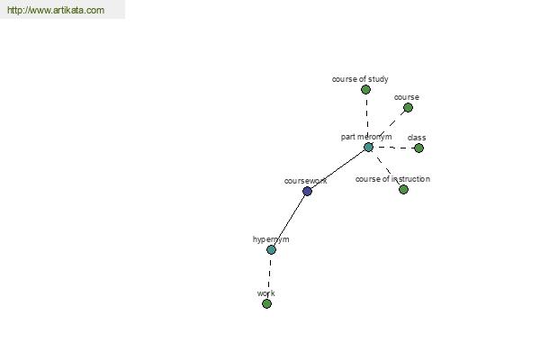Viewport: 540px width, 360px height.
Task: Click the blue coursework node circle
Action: [307, 191]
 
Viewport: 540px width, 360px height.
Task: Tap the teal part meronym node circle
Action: [368, 147]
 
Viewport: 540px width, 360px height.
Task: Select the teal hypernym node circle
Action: [272, 250]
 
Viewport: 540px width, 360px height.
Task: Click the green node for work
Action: [266, 303]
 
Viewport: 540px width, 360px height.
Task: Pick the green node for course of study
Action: [365, 90]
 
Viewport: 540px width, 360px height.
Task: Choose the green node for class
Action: [418, 148]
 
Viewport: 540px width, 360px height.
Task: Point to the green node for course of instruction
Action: [403, 189]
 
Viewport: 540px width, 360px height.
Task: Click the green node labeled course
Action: [408, 108]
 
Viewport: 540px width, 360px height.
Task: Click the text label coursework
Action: [305, 181]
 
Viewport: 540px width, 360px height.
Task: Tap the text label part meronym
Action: [366, 137]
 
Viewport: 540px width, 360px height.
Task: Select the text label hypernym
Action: [271, 239]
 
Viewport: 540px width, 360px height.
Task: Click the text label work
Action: [265, 293]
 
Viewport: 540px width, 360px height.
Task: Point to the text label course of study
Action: [360, 79]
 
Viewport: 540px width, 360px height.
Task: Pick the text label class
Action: [417, 138]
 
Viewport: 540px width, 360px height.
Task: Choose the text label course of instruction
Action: [392, 179]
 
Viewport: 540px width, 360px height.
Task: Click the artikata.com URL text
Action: [56, 10]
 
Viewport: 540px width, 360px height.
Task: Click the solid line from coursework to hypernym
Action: [289, 220]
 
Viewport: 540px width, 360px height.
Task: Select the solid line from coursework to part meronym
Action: [337, 169]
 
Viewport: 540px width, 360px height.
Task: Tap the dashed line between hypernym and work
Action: [269, 276]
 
